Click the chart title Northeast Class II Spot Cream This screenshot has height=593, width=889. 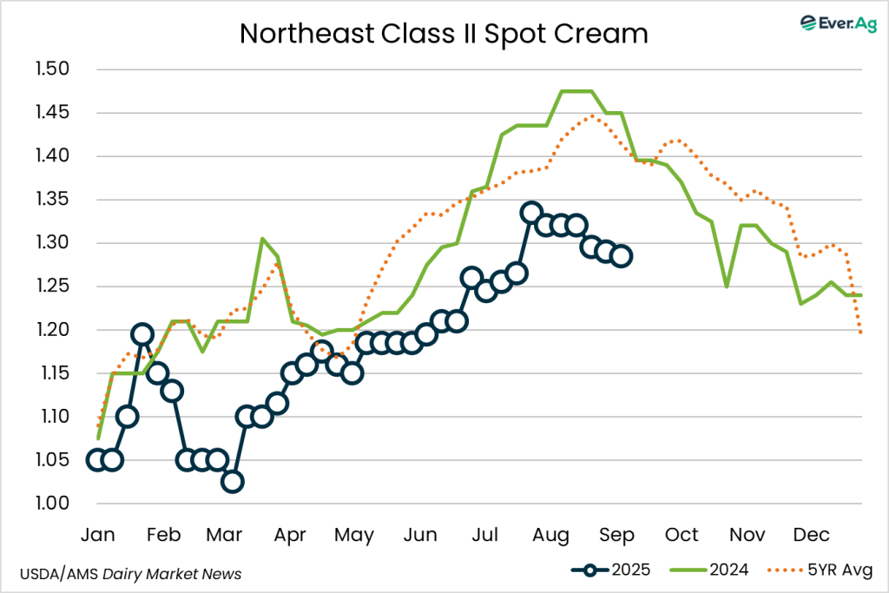[x=444, y=33]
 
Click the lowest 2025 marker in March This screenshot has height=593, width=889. [x=232, y=482]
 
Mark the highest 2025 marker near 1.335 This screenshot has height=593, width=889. [x=531, y=213]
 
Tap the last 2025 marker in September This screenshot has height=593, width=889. [x=622, y=256]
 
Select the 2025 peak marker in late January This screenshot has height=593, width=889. [x=142, y=334]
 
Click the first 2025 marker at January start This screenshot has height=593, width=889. [x=96, y=460]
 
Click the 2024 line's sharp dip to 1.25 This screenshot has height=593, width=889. [x=727, y=287]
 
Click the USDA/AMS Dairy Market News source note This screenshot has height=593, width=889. [x=130, y=574]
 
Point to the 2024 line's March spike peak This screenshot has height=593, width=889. [x=262, y=239]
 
